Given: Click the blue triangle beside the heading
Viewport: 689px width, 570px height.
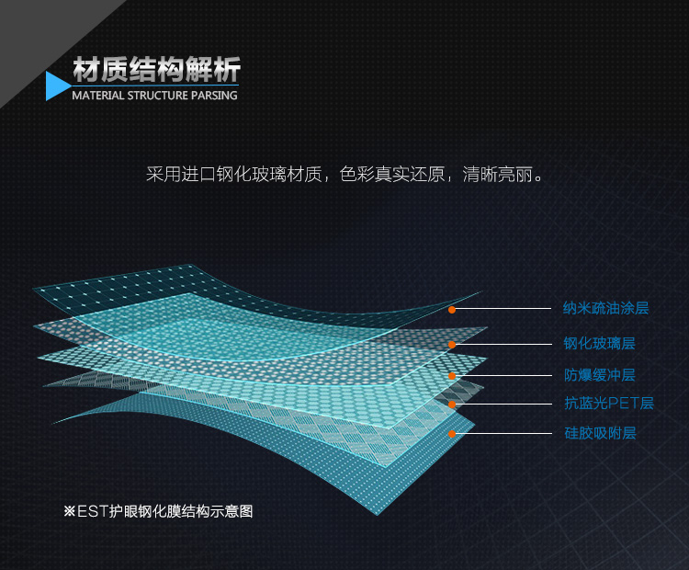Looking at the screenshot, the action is click(x=56, y=85).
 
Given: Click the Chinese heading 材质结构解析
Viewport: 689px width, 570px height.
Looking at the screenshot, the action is click(x=157, y=69).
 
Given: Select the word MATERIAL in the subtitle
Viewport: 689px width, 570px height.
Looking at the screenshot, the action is click(x=98, y=96).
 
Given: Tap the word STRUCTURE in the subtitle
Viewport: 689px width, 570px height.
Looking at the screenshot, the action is click(x=158, y=96).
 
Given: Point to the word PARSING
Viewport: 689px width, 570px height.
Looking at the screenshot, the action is click(x=214, y=96).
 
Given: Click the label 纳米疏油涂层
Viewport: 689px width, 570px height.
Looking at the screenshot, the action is click(x=606, y=308).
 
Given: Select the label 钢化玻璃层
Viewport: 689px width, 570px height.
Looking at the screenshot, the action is click(x=599, y=343).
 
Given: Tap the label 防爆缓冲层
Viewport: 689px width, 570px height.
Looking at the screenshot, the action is click(x=599, y=375).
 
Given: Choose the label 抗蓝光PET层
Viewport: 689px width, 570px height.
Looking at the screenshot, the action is click(x=609, y=403).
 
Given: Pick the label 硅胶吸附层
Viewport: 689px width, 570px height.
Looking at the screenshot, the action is click(x=600, y=433).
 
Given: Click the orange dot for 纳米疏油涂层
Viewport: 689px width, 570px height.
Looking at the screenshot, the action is click(x=452, y=310).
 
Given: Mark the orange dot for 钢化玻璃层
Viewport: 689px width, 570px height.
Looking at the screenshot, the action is click(x=452, y=345).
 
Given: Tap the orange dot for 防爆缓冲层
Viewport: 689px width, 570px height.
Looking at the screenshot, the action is click(x=452, y=376).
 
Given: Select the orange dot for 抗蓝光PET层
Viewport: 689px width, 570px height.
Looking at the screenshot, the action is click(x=452, y=405).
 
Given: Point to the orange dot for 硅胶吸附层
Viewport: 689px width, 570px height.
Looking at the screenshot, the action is click(x=452, y=434).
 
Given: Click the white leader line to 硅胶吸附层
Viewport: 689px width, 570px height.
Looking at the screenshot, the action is click(x=503, y=433).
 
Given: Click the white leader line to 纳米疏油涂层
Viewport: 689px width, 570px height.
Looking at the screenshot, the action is click(x=503, y=309).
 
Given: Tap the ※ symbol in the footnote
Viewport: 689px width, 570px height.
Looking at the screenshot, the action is click(x=70, y=511).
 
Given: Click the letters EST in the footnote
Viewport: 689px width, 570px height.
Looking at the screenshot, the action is click(x=92, y=511).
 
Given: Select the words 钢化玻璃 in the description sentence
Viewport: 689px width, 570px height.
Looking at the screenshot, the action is click(x=252, y=175).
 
